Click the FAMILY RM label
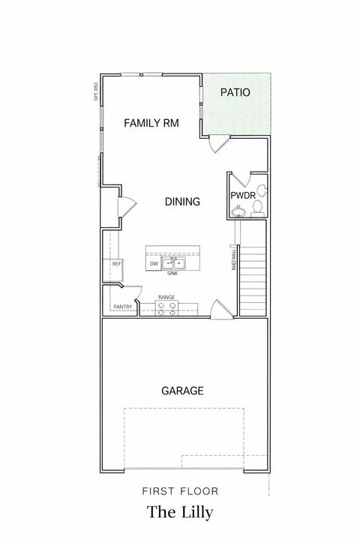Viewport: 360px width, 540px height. tap(151, 123)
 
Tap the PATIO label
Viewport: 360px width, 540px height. tap(235, 93)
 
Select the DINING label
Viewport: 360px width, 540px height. tap(182, 201)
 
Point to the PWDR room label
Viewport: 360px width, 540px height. tap(244, 196)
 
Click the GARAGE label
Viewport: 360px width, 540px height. tap(182, 391)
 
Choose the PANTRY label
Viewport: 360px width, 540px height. tap(122, 307)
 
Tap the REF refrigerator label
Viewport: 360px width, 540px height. tap(116, 264)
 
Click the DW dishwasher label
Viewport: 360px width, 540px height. tap(154, 264)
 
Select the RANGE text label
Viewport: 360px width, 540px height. tap(166, 297)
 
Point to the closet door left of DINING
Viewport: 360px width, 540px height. tap(127, 202)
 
